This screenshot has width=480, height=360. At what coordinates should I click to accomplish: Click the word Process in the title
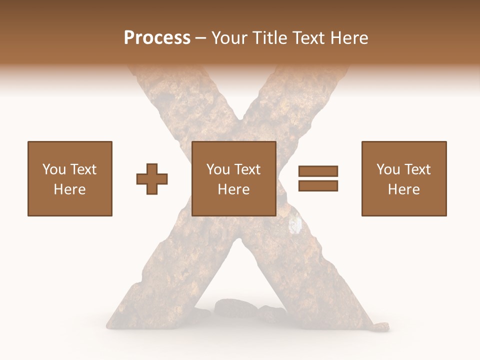click(x=157, y=38)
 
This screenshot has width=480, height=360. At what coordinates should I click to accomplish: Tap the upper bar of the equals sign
click(x=318, y=171)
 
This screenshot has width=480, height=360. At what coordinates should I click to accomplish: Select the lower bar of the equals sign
click(x=318, y=186)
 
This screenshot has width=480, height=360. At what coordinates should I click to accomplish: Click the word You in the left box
click(x=53, y=169)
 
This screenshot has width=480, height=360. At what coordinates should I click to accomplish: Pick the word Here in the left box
click(x=69, y=189)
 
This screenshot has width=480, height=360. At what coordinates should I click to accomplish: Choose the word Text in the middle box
click(x=247, y=169)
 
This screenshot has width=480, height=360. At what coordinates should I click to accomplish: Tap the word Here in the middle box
click(x=233, y=189)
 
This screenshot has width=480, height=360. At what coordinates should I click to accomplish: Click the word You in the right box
click(x=387, y=169)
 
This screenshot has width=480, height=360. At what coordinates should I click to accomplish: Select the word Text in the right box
click(x=417, y=169)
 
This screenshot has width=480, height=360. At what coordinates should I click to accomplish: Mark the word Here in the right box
click(x=403, y=189)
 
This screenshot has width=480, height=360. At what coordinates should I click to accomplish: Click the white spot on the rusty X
click(x=296, y=225)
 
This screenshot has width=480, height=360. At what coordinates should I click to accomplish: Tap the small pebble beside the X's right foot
click(x=382, y=326)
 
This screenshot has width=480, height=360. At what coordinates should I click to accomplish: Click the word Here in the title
click(x=350, y=38)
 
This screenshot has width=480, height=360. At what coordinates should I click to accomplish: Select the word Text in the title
click(x=310, y=38)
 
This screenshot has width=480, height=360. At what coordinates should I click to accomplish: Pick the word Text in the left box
click(x=83, y=169)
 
